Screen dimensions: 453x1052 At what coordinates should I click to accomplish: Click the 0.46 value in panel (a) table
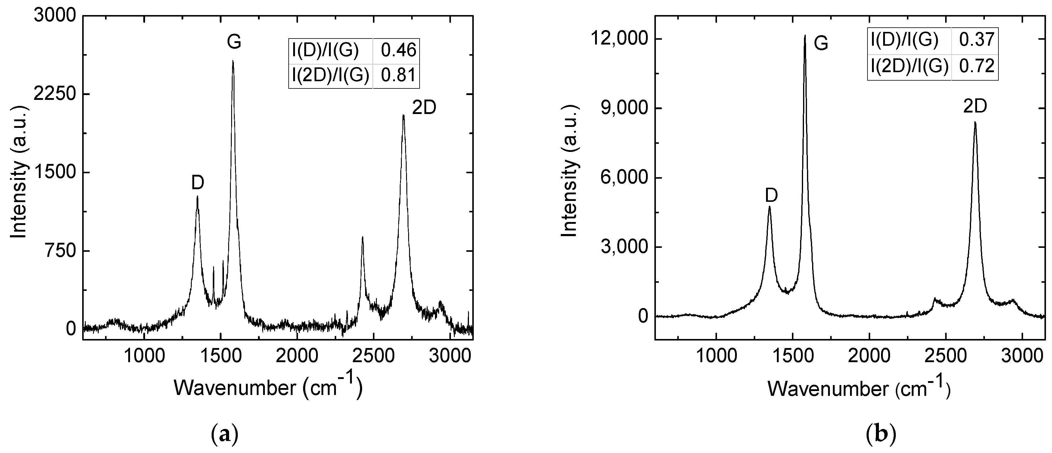[x=398, y=50]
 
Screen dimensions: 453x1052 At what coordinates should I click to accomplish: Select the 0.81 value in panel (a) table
[x=398, y=75]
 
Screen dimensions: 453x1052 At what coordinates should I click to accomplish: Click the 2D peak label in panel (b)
[x=975, y=106]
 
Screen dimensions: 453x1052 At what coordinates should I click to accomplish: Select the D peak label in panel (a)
[x=198, y=183]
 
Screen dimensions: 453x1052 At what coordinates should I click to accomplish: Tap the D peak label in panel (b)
[x=771, y=196]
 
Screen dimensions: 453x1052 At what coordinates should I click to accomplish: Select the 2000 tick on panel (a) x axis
[x=297, y=356]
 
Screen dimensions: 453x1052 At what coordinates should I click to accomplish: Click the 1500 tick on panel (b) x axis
[x=792, y=356]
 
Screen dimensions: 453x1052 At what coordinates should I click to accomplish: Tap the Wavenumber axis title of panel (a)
[x=268, y=387]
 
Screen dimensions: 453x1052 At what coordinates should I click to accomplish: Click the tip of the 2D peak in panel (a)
[x=403, y=116]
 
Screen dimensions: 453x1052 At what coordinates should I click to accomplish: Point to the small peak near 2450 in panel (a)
[x=362, y=237]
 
